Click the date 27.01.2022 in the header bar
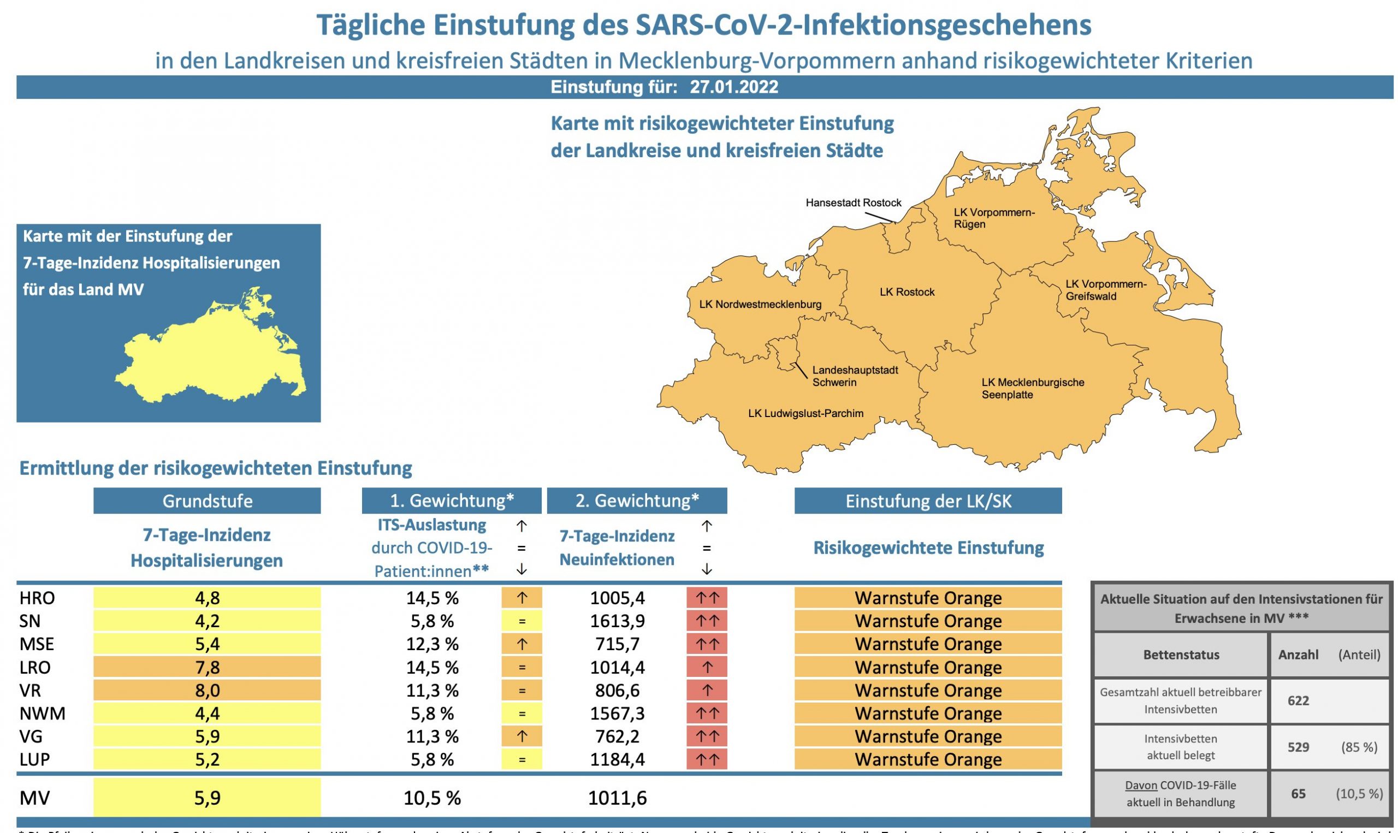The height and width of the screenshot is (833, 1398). [x=733, y=87]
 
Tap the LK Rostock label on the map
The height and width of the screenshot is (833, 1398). [x=907, y=292]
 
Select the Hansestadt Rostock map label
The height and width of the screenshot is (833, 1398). [x=853, y=203]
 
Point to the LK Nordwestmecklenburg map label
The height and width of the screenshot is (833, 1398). [x=760, y=304]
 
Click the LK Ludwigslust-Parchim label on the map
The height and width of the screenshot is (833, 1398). [x=805, y=414]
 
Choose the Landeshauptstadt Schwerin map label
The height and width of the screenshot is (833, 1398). [x=855, y=376]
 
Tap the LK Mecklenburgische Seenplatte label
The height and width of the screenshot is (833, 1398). [x=1032, y=389]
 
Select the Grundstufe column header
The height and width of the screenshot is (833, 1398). [x=207, y=501]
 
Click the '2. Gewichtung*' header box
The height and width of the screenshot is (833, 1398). [x=637, y=501]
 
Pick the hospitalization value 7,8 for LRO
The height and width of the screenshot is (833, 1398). [x=207, y=668]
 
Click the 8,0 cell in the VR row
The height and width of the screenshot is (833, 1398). [x=207, y=691]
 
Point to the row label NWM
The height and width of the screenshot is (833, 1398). [x=42, y=713]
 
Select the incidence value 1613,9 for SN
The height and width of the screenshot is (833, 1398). [x=617, y=621]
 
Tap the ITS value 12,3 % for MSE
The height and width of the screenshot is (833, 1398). [x=432, y=644]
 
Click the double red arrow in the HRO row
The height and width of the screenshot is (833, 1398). [x=706, y=598]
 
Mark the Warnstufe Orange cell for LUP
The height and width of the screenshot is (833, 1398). [x=927, y=759]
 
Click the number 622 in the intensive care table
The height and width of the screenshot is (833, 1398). [x=1298, y=700]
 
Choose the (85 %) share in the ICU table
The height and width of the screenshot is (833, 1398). [x=1359, y=747]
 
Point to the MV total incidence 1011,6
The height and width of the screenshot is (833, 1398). [x=617, y=798]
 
